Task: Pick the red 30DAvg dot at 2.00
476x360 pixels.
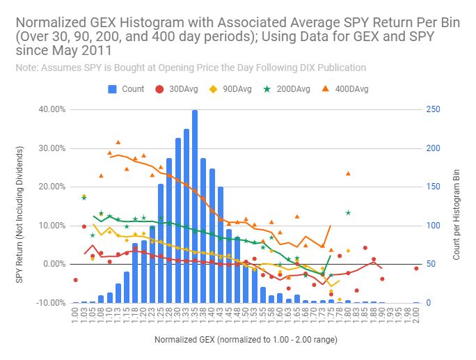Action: coord(416,268)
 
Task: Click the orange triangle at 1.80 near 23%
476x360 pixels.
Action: coord(348,173)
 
